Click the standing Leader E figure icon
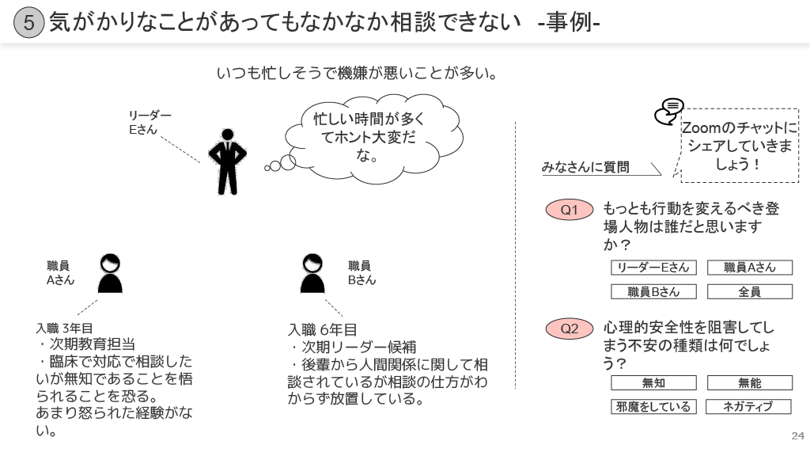pyautogui.click(x=227, y=161)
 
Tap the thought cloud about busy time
pyautogui.click(x=369, y=138)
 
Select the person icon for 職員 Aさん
pyautogui.click(x=110, y=274)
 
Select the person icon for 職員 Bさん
pyautogui.click(x=312, y=274)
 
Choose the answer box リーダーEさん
pyautogui.click(x=653, y=268)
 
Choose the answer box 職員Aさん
pyautogui.click(x=749, y=268)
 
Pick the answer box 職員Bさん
pyautogui.click(x=653, y=291)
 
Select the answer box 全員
pyautogui.click(x=749, y=291)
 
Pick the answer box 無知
pyautogui.click(x=653, y=383)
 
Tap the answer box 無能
pyautogui.click(x=749, y=383)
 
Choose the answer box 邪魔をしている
pyautogui.click(x=653, y=407)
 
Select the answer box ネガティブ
pyautogui.click(x=749, y=407)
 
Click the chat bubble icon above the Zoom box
pyautogui.click(x=669, y=112)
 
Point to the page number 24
pyautogui.click(x=797, y=436)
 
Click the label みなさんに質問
pyautogui.click(x=585, y=167)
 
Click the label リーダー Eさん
pyautogui.click(x=150, y=123)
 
